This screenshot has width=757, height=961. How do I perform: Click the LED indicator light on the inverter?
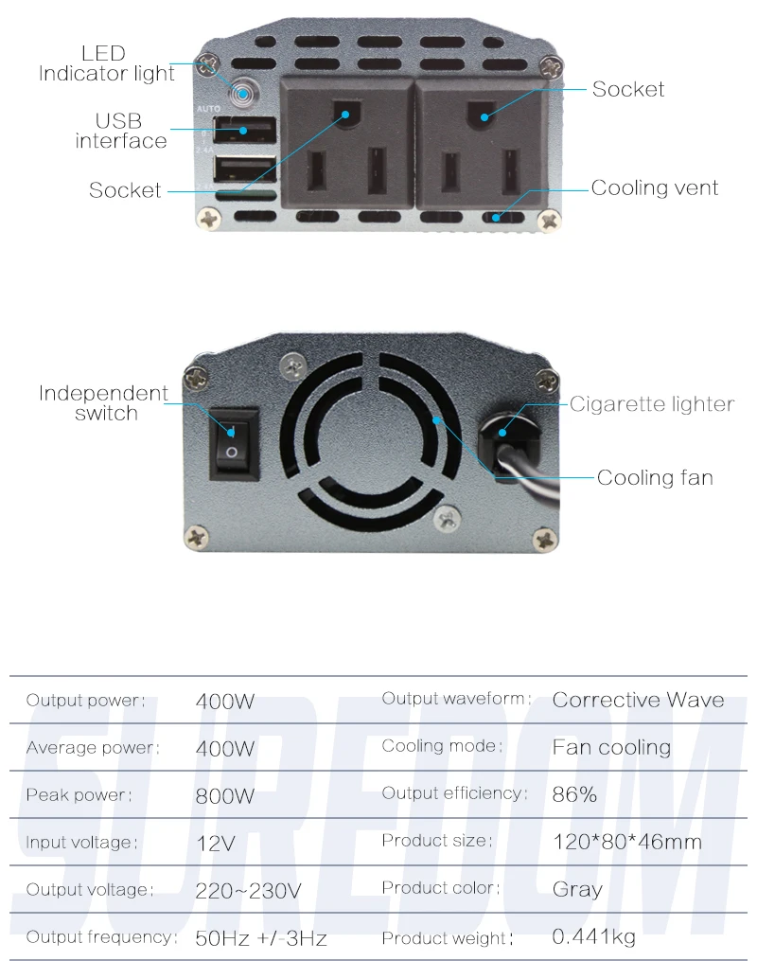(x=243, y=94)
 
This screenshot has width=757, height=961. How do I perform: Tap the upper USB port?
(x=244, y=130)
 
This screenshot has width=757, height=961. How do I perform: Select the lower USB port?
(x=244, y=169)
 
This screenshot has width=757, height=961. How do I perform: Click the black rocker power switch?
(x=234, y=443)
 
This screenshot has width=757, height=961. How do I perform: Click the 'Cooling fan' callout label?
(x=655, y=477)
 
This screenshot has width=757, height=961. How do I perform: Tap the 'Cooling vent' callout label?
(x=654, y=187)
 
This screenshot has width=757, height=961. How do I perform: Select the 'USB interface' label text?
(x=121, y=131)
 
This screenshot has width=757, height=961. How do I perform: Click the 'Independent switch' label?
(x=103, y=402)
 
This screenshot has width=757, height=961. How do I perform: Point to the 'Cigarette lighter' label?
(x=652, y=404)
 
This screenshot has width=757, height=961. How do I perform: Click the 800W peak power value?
(x=225, y=796)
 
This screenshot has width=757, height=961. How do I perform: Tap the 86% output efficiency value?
(x=573, y=794)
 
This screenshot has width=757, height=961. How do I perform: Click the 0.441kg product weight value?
(x=593, y=936)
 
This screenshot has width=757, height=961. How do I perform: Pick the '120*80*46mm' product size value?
(x=627, y=842)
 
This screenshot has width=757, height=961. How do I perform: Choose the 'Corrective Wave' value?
(x=638, y=700)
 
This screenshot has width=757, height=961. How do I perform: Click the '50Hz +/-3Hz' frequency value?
(x=261, y=938)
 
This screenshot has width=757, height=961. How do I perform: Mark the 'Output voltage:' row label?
(x=89, y=889)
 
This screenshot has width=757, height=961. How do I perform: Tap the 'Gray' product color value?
(x=577, y=889)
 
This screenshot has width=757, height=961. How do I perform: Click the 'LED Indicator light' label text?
(x=106, y=63)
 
